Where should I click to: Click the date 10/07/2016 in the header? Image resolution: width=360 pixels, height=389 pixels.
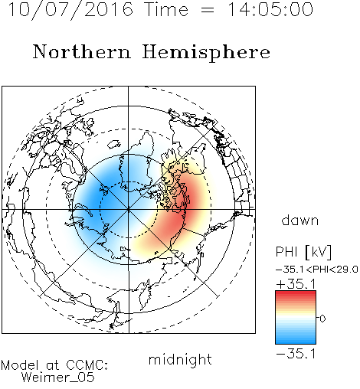pyautogui.click(x=70, y=10)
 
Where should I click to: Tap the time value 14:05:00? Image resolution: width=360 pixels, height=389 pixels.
pyautogui.click(x=270, y=9)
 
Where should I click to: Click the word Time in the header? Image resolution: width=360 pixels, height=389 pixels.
pyautogui.click(x=166, y=9)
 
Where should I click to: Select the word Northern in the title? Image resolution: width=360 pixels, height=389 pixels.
pyautogui.click(x=82, y=51)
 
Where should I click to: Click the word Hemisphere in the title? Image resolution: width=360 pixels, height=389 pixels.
pyautogui.click(x=206, y=53)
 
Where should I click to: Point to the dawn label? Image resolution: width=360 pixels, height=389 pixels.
pyautogui.click(x=300, y=220)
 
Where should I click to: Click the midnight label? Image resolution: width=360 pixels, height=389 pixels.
pyautogui.click(x=180, y=359)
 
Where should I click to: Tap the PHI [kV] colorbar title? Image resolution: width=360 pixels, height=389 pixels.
pyautogui.click(x=303, y=252)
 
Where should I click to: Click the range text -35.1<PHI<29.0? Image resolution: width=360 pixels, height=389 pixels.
pyautogui.click(x=317, y=270)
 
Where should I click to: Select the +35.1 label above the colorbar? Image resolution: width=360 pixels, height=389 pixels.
pyautogui.click(x=296, y=284)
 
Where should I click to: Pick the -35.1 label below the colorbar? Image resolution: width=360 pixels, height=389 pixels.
pyautogui.click(x=296, y=354)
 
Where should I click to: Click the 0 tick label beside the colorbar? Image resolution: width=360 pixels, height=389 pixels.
pyautogui.click(x=322, y=319)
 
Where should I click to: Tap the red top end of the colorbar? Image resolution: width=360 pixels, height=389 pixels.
pyautogui.click(x=296, y=293)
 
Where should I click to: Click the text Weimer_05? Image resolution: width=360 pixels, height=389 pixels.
pyautogui.click(x=58, y=378)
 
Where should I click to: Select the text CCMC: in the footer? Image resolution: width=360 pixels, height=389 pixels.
pyautogui.click(x=87, y=365)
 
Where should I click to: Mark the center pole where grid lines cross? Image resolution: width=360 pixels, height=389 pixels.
pyautogui.click(x=129, y=209)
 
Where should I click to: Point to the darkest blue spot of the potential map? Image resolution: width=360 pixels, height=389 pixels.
pyautogui.click(x=98, y=203)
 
